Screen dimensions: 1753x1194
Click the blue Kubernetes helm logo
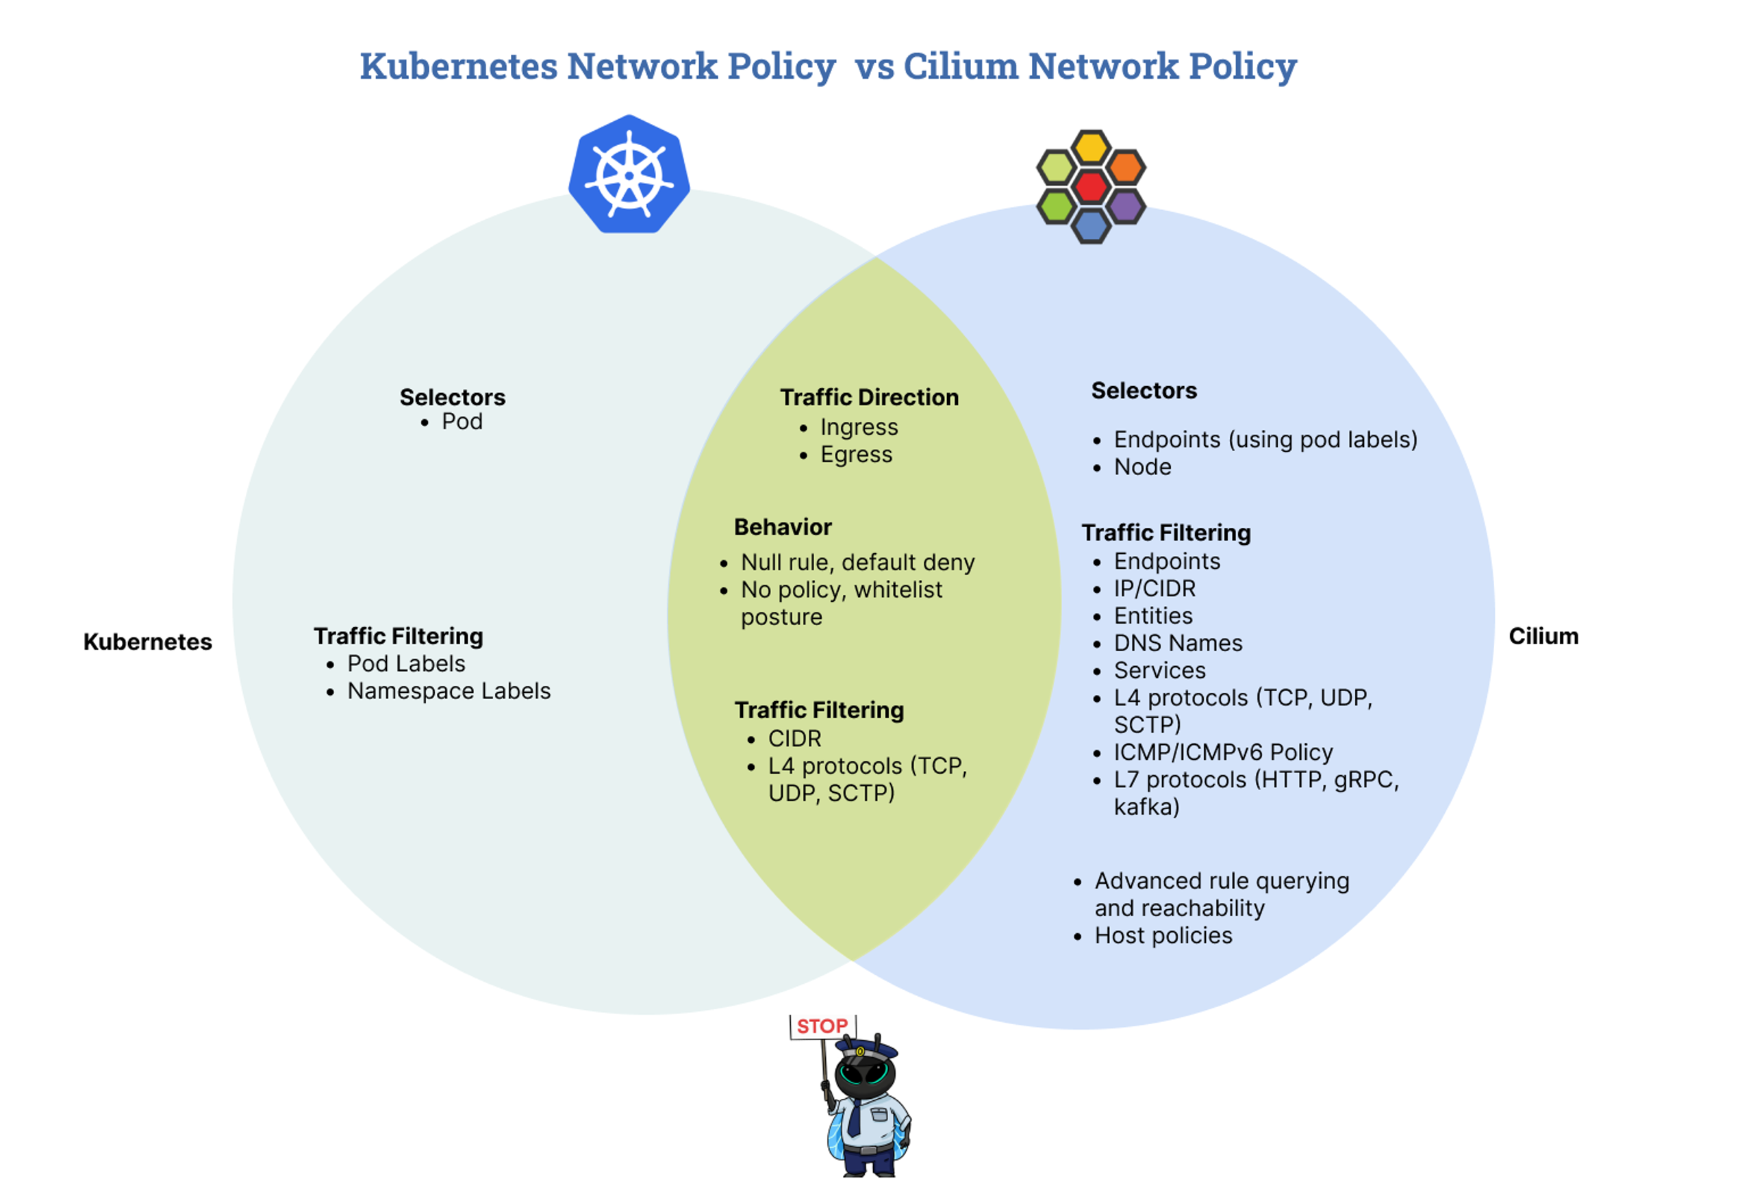tap(629, 174)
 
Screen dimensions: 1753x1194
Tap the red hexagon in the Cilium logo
tap(1091, 186)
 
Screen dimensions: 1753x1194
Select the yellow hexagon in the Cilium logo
tap(1091, 148)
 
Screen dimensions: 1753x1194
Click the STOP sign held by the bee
tap(822, 1026)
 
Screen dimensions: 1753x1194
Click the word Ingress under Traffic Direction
tap(859, 427)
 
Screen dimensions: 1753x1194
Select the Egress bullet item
tap(856, 454)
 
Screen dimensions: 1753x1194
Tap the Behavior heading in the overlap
tap(783, 526)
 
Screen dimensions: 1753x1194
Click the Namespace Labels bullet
tap(449, 691)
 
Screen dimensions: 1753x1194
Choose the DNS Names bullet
tap(1178, 643)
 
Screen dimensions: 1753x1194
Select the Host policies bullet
tap(1163, 935)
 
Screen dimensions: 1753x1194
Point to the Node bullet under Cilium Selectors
tap(1143, 467)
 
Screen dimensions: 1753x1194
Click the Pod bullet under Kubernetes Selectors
tap(462, 422)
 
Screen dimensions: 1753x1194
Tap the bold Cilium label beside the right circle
tap(1543, 636)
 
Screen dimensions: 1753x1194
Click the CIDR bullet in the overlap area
tap(794, 739)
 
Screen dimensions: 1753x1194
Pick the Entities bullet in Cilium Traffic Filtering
tap(1153, 615)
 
